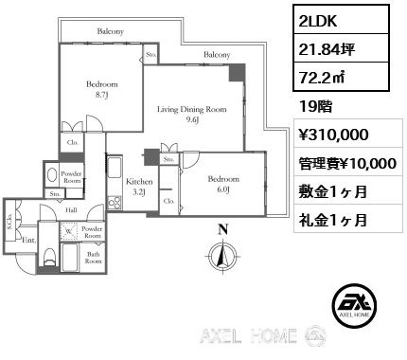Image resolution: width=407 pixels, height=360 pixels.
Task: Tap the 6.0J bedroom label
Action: [223, 184]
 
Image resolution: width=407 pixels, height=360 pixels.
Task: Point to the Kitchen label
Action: [138, 186]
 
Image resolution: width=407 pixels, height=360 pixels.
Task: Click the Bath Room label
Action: [94, 257]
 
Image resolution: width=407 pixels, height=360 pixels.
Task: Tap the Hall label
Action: [71, 210]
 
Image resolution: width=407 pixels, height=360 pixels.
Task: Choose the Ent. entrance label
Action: [28, 242]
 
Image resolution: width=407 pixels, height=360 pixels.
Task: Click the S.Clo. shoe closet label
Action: [10, 219]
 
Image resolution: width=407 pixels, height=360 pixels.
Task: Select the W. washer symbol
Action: [70, 229]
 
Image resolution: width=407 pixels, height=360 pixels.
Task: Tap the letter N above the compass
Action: [223, 228]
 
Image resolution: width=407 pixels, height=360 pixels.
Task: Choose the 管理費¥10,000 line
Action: [346, 163]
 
